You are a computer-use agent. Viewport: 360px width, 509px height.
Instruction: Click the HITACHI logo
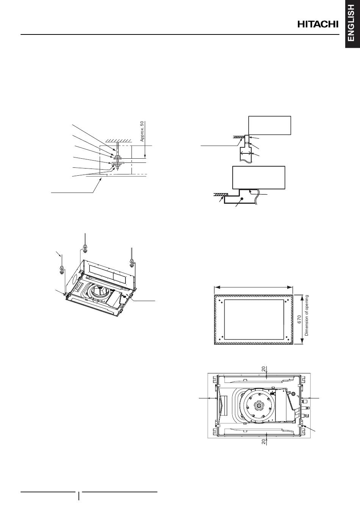[318, 25]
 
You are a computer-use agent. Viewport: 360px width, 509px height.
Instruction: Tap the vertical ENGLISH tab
[352, 24]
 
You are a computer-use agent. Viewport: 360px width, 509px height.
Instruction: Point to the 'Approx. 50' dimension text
[142, 131]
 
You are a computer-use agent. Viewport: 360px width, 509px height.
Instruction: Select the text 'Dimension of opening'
[307, 315]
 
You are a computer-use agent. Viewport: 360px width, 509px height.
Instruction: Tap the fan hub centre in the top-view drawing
[258, 405]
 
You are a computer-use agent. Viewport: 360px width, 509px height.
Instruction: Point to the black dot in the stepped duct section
[243, 198]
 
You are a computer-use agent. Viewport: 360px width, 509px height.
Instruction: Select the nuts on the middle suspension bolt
[85, 248]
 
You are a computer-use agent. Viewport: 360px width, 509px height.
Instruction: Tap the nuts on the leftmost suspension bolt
[61, 270]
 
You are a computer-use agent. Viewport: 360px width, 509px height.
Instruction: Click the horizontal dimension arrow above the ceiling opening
[254, 287]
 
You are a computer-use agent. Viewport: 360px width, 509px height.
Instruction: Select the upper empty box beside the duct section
[269, 125]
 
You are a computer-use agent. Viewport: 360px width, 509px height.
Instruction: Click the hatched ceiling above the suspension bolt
[117, 141]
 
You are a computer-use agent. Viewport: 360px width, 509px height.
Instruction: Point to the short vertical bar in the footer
[79, 496]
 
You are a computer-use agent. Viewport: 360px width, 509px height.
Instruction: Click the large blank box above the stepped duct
[258, 178]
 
